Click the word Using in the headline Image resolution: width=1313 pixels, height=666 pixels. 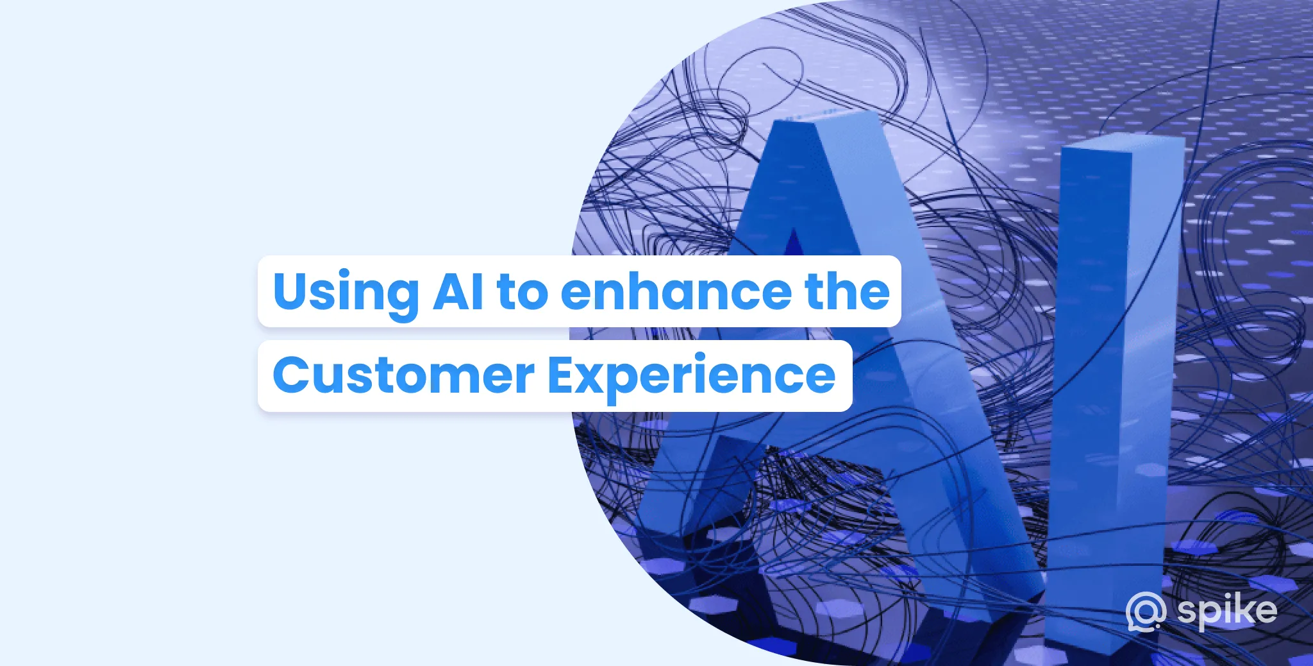[x=346, y=293]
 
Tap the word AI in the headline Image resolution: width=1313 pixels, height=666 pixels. [x=458, y=291]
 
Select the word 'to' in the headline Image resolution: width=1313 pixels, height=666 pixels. [x=523, y=293]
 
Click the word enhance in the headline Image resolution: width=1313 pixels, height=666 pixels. [x=676, y=291]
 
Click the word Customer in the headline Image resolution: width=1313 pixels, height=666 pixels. [x=403, y=376]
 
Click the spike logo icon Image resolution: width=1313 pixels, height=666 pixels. [x=1146, y=612]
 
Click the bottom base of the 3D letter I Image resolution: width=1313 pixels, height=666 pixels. [x=1090, y=635]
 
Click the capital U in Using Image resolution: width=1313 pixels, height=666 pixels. [x=292, y=291]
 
